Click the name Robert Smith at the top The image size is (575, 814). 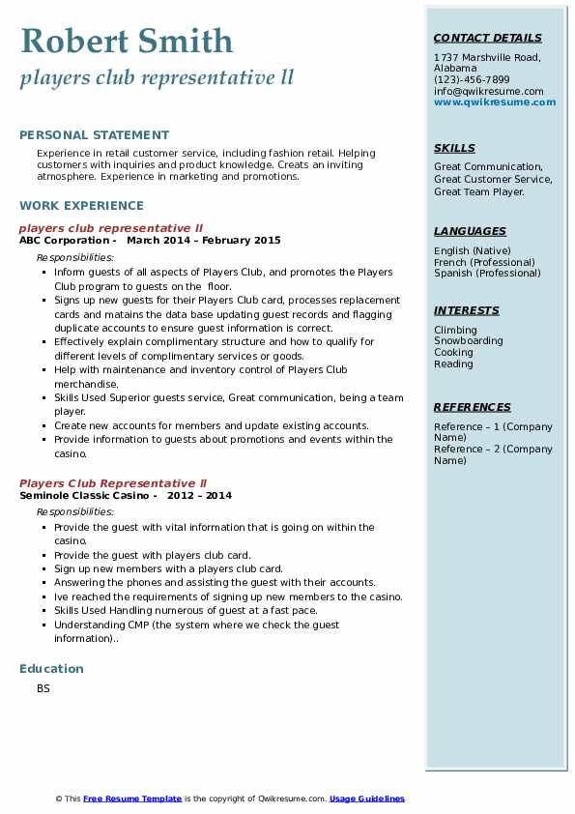tap(127, 42)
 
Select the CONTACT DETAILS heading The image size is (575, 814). tap(487, 39)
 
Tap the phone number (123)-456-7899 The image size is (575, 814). tap(472, 80)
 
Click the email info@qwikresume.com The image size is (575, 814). tap(488, 92)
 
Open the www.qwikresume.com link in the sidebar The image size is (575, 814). tap(495, 102)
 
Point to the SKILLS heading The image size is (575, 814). tap(454, 149)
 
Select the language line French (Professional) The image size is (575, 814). tap(484, 262)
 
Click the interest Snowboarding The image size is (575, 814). tap(468, 341)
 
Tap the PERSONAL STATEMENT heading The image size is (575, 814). tap(94, 135)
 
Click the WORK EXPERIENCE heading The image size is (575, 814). tap(81, 206)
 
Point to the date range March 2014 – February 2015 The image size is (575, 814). tap(203, 241)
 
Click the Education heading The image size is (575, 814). tap(51, 669)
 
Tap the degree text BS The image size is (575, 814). tap(43, 689)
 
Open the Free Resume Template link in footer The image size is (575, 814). tap(132, 799)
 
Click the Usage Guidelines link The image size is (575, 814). tap(366, 799)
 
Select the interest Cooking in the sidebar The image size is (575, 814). tap(453, 353)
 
